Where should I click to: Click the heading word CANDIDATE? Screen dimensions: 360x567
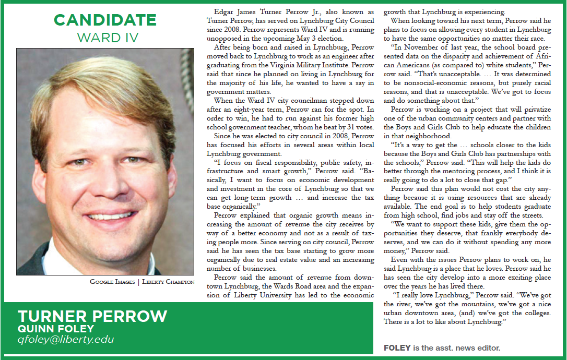105,20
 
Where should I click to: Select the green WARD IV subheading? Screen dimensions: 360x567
105,38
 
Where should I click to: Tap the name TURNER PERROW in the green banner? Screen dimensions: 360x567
92,316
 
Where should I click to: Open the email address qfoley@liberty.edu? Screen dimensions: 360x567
66,340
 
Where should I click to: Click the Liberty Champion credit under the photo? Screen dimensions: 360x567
169,282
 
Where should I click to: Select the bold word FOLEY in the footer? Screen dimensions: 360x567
397,347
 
